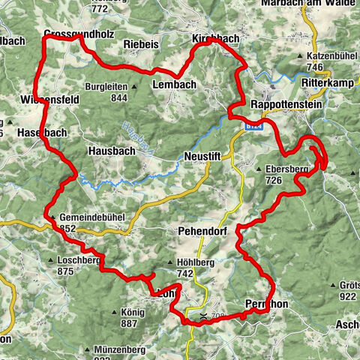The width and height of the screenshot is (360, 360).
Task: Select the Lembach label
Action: pos(175,85)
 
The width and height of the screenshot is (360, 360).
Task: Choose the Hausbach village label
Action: pos(110,150)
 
